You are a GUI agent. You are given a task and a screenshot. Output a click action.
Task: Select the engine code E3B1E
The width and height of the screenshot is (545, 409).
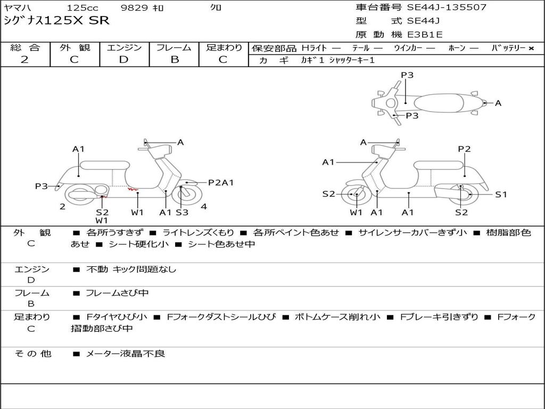425,35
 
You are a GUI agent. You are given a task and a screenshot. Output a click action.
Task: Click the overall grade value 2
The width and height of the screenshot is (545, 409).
24,60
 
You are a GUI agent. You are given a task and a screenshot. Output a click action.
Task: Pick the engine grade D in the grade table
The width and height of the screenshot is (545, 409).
123,60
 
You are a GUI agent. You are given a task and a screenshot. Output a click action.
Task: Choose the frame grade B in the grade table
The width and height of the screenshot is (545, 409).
174,60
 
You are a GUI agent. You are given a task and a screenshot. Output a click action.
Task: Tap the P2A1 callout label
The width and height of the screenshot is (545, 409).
221,183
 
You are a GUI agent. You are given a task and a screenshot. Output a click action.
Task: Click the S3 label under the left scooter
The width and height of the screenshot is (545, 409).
182,212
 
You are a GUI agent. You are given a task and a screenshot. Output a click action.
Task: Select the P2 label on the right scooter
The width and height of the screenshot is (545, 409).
464,149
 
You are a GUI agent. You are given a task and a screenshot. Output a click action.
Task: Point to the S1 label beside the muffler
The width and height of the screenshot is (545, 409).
501,194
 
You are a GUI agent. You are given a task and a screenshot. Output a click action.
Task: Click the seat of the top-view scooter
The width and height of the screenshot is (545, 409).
441,102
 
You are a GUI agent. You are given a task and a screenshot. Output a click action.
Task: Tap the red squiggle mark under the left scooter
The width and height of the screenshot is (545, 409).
132,189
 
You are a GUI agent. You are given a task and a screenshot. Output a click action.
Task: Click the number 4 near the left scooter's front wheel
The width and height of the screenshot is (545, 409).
204,206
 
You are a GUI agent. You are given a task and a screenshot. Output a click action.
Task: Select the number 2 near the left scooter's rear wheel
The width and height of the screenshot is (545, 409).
62,207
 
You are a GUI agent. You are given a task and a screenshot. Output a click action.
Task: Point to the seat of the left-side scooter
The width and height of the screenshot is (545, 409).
105,165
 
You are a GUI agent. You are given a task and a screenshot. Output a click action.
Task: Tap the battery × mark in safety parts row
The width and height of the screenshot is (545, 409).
531,48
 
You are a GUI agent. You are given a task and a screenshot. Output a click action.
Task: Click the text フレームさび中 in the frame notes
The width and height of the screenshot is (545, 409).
117,293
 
